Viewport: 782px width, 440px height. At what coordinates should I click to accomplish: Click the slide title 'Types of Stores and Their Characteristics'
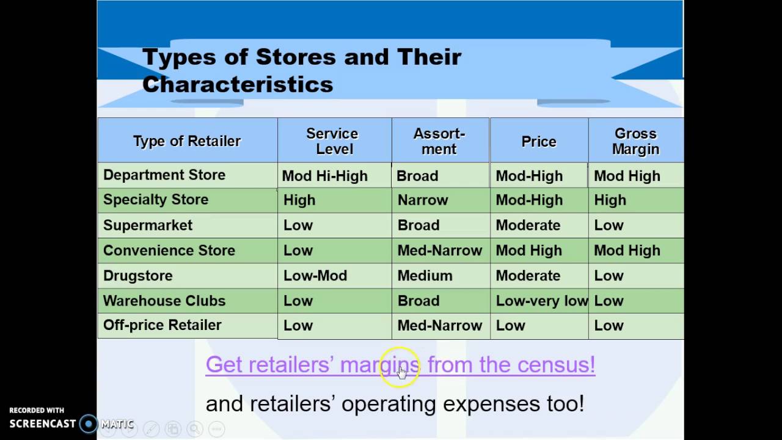(301, 70)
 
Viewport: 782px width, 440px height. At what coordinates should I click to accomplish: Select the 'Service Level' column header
(332, 141)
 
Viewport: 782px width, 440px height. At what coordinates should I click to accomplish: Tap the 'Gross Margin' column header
(636, 141)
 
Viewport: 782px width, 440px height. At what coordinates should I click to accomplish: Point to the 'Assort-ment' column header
(439, 141)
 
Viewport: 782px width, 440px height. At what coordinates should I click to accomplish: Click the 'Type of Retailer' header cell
(187, 141)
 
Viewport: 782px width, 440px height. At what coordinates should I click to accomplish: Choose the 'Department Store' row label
(164, 175)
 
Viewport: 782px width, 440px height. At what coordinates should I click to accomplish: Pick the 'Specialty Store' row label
(156, 200)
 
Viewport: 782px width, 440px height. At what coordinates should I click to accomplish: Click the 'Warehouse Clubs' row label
(164, 301)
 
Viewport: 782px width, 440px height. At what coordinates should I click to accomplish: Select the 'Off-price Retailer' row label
(163, 325)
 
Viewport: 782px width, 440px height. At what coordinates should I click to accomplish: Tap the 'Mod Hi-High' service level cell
(324, 176)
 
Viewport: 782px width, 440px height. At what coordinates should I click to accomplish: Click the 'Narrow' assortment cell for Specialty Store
(423, 200)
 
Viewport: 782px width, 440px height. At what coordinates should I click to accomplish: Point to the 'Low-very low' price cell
(541, 301)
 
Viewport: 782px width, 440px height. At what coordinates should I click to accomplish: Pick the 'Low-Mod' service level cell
(315, 276)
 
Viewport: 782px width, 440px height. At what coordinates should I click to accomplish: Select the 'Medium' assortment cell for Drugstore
(425, 276)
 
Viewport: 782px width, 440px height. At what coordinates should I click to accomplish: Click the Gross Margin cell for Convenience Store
(627, 251)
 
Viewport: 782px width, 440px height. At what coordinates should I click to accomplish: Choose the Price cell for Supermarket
(528, 226)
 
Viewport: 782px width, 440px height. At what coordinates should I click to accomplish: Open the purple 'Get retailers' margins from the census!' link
(400, 365)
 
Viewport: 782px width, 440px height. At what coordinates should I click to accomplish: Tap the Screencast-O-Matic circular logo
(89, 424)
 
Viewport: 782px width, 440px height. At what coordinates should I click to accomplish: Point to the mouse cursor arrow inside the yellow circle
(401, 372)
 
